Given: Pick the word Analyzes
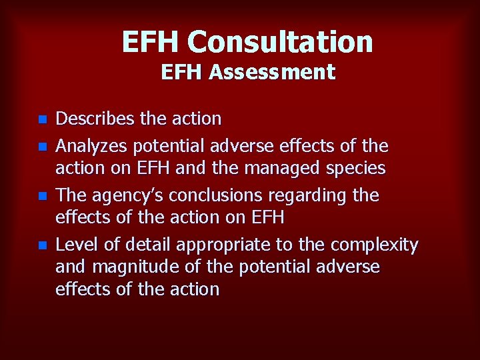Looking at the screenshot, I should [x=93, y=145].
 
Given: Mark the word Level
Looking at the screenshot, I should [x=74, y=245].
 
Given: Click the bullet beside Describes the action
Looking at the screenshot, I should [x=42, y=120].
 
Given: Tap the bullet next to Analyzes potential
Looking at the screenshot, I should [x=42, y=146].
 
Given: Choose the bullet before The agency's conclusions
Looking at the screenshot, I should [x=42, y=197].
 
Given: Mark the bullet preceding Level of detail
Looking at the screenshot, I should [x=42, y=246].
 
